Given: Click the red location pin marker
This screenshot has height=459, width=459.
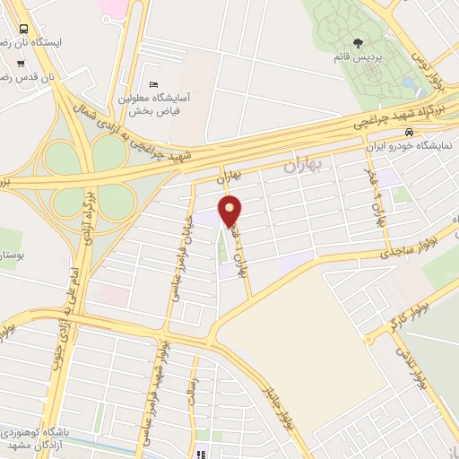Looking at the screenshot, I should coord(230,212).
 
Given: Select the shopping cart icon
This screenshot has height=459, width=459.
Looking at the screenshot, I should coord(21,65).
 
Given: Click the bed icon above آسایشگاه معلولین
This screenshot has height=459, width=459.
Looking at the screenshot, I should coord(153,84).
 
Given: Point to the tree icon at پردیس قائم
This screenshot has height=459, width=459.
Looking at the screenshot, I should coord(359,43).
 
